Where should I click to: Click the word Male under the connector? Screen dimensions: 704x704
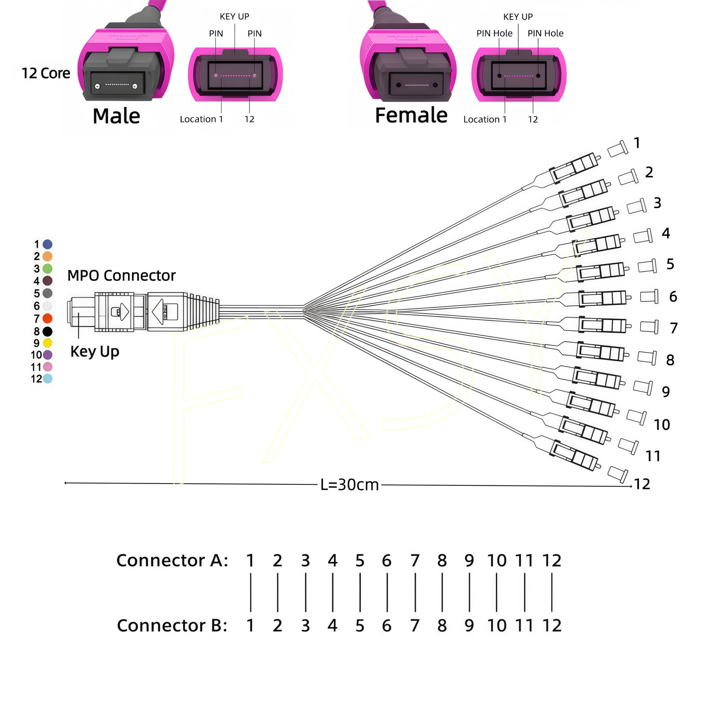point(116,116)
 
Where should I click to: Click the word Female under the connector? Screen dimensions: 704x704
point(411,115)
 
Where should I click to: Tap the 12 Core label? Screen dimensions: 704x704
point(46,73)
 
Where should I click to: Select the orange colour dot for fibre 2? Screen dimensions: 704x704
point(48,257)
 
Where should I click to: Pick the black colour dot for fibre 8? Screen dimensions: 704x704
point(48,331)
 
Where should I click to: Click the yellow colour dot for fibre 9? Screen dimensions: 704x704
point(48,343)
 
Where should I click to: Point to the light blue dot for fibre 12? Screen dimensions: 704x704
point(48,378)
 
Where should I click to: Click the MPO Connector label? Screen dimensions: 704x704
point(121,275)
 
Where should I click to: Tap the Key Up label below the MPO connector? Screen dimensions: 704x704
point(95,352)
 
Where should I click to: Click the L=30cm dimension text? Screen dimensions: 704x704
point(349,484)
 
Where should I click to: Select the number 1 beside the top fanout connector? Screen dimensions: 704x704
point(637,143)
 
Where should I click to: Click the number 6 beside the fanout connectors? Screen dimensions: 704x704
point(673,297)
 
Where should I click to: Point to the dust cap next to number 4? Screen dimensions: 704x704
point(643,236)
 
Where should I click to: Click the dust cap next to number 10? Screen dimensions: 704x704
point(636,417)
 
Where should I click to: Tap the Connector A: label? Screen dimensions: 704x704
point(172,561)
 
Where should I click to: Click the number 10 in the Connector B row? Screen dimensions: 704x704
point(497,625)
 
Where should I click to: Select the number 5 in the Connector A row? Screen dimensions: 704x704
point(360,561)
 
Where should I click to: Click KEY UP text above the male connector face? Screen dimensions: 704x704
point(235,17)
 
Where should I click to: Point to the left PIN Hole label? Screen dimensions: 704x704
point(494,33)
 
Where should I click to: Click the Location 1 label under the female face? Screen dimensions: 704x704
point(485,119)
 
